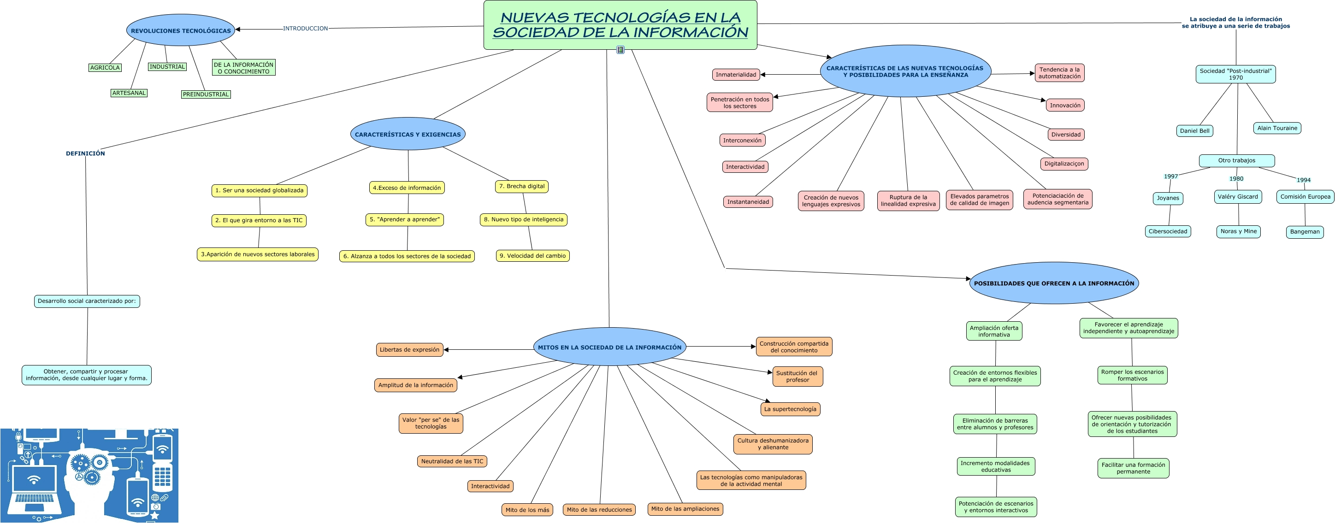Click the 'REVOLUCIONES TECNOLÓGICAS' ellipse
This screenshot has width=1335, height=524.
coord(181,30)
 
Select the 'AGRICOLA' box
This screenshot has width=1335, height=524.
coord(105,67)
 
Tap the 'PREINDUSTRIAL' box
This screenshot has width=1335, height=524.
coord(206,94)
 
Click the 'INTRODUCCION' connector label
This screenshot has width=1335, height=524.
coord(305,29)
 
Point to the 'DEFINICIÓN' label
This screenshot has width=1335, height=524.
coord(85,153)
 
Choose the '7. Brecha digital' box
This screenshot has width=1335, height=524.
coord(522,186)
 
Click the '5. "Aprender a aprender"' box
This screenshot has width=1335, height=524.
coord(405,220)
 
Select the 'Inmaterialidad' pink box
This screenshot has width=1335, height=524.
coord(736,75)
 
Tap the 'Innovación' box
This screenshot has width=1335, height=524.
coord(1065,105)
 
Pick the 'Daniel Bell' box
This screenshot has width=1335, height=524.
coord(1194,130)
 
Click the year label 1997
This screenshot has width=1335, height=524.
coord(1171,176)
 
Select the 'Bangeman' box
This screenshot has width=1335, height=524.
coord(1305,232)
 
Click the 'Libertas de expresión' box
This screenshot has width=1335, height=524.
coord(409,350)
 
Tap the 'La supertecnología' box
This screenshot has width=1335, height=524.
coord(790,409)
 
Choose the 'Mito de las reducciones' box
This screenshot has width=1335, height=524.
coord(599,510)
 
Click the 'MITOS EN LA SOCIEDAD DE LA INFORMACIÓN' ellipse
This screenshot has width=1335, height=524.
coord(609,347)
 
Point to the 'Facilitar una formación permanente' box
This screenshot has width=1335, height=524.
coord(1134,468)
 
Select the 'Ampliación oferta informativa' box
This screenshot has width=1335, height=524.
coord(994,331)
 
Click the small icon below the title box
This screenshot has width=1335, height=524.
coord(620,50)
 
